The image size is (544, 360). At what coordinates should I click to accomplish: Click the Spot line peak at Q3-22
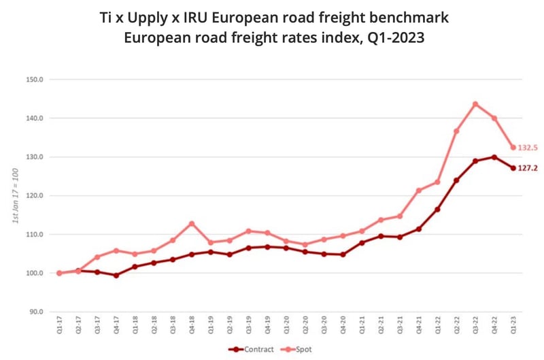tap(475, 104)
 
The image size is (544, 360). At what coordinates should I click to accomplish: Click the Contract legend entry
tap(253, 349)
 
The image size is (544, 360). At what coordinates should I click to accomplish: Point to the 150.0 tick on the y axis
tap(35, 80)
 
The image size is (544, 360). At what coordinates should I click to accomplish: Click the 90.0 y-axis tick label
tap(36, 312)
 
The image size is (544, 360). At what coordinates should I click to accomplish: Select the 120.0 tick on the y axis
tap(35, 196)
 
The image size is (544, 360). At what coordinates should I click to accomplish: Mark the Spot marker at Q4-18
tap(192, 223)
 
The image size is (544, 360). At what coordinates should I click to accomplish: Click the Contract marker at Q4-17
tap(116, 276)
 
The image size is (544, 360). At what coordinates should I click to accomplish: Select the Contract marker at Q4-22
tap(494, 157)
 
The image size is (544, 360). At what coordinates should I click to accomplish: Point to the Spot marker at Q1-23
tap(513, 148)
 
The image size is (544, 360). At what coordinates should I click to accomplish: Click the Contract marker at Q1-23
tap(513, 168)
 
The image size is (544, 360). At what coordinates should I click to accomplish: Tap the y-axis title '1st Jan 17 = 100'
tap(15, 196)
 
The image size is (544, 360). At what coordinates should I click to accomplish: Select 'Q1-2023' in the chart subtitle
tap(396, 38)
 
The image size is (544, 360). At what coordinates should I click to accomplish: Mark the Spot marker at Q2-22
tap(456, 131)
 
